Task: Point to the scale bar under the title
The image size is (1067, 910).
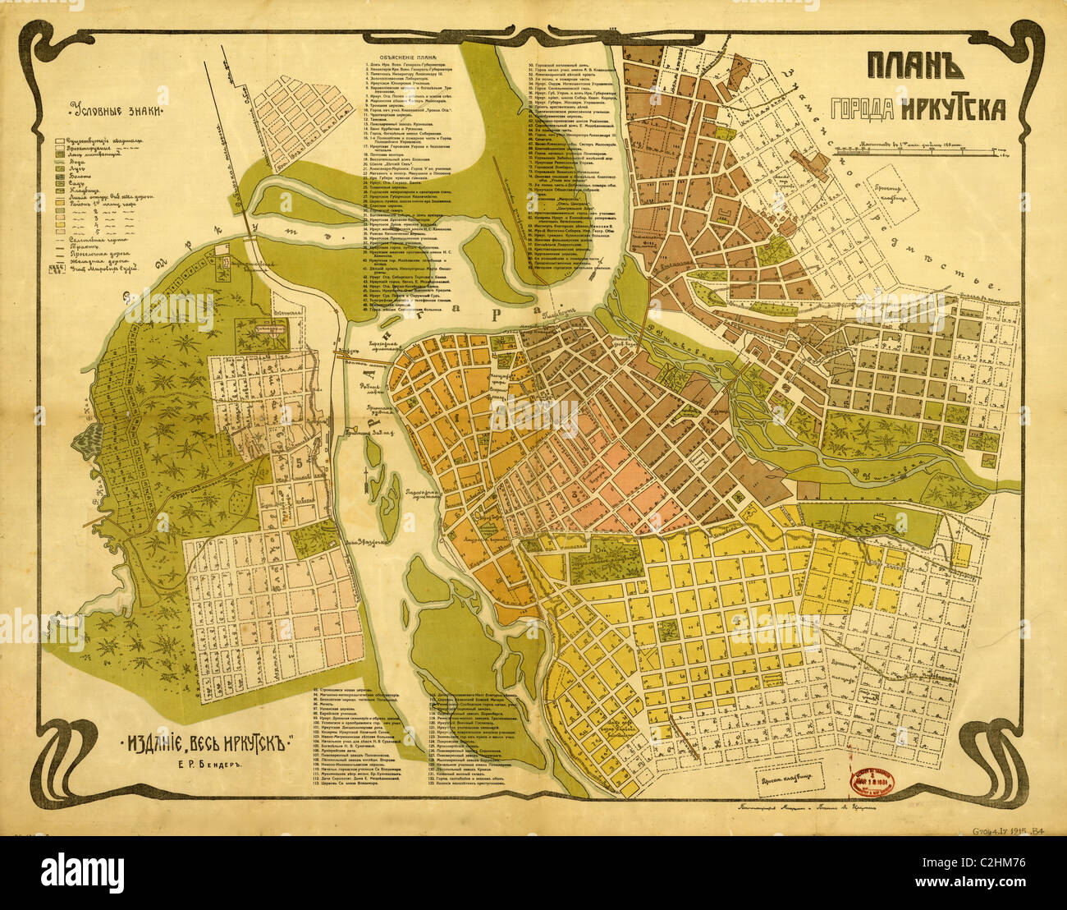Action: coord(923,149)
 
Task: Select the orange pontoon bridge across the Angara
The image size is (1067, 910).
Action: coord(361,353)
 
